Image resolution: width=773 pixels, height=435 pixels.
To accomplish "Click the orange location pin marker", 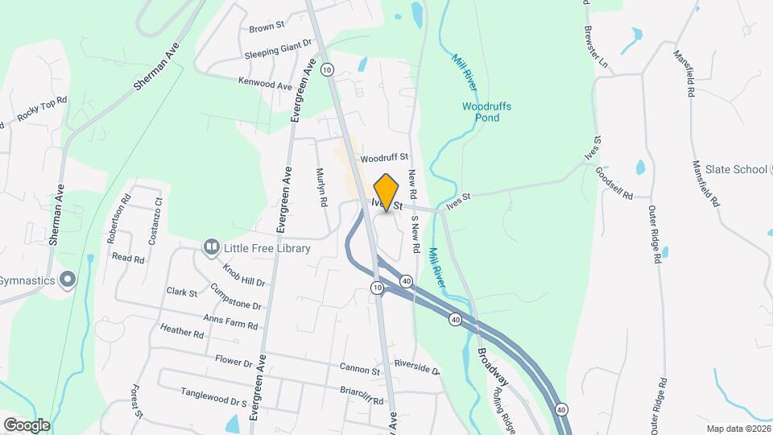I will coord(386,193).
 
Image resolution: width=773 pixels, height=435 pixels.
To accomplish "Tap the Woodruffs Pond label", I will coord(486,112).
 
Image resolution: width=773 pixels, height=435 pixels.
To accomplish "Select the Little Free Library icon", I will coord(212,248).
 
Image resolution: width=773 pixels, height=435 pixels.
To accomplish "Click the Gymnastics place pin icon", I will coord(68,280).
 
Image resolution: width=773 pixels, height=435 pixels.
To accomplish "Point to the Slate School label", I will coord(736,169).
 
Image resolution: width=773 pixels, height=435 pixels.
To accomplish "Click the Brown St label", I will coord(267,27).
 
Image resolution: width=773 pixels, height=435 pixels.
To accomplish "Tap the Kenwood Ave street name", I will coord(265,83).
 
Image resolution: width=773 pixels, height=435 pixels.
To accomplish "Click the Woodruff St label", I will coord(385,158).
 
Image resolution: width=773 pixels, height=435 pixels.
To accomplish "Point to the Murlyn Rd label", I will coord(320,188).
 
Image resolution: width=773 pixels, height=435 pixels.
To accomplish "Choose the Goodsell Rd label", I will coord(614,184).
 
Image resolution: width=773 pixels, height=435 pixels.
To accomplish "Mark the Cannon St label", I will coord(359,371).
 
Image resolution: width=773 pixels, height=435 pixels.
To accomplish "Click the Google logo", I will coord(26,425).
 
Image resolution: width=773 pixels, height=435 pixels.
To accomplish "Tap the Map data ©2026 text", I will coord(738,429).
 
